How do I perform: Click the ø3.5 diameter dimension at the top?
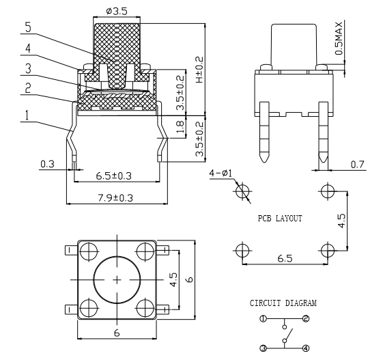117,11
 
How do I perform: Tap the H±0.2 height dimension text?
199,70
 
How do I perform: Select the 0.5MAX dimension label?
339,38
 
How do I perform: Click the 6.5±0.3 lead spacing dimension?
113,176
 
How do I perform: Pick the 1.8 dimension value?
180,127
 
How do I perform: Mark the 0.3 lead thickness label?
47,164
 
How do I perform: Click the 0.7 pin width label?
357,165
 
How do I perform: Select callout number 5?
29,27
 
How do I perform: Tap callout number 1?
27,115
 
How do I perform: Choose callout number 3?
29,68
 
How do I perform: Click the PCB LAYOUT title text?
280,218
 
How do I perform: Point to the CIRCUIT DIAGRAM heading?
283,303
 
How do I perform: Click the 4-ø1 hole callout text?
221,174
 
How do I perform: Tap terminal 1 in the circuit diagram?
263,319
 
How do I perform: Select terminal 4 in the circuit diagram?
306,348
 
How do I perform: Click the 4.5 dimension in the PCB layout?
341,221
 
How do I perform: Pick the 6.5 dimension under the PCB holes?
285,258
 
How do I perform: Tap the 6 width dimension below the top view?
117,333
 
